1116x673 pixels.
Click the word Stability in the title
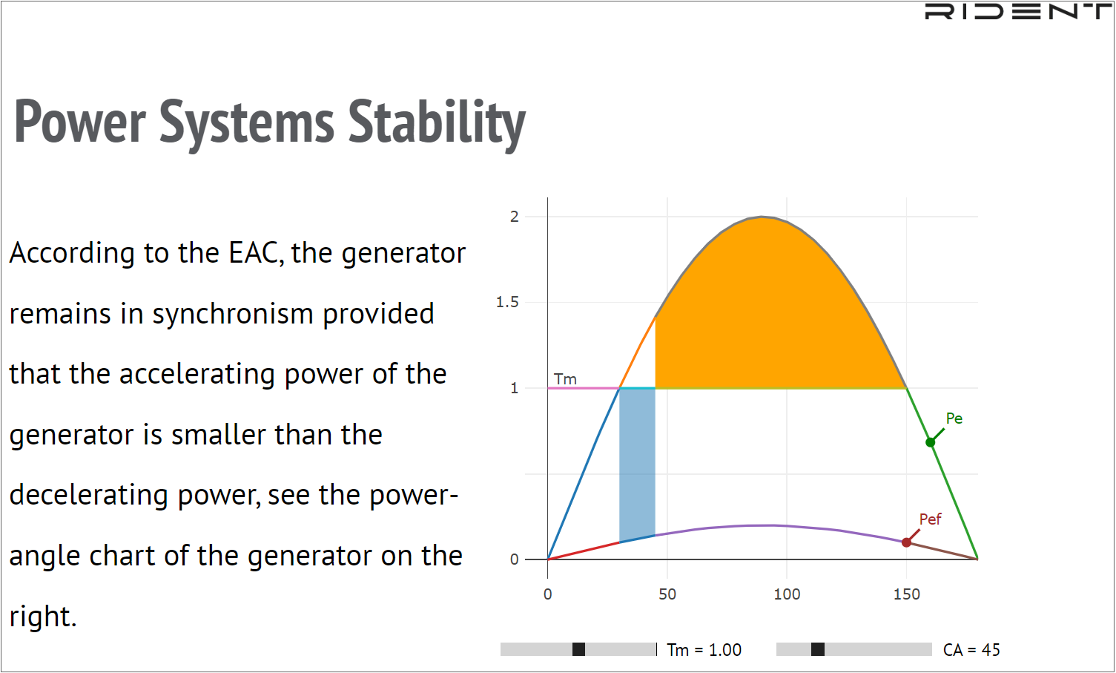[x=437, y=123]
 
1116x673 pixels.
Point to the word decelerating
[x=89, y=496]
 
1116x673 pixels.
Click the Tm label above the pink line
[x=565, y=379]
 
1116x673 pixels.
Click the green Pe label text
[x=954, y=418]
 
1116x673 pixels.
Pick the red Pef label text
[x=930, y=519]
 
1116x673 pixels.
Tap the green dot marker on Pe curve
[x=930, y=442]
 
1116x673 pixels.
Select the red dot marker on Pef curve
[x=906, y=542]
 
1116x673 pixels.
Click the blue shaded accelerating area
[x=637, y=464]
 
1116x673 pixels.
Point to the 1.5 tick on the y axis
[x=507, y=302]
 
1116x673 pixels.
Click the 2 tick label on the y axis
[x=514, y=217]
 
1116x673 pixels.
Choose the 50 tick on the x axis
[x=667, y=594]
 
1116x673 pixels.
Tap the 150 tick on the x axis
[x=906, y=594]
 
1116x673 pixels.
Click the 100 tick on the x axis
[x=787, y=594]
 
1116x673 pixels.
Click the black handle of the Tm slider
[x=578, y=649]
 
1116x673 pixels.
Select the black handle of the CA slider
[x=818, y=649]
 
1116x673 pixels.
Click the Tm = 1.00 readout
[x=704, y=649]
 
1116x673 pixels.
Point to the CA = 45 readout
[x=971, y=649]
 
